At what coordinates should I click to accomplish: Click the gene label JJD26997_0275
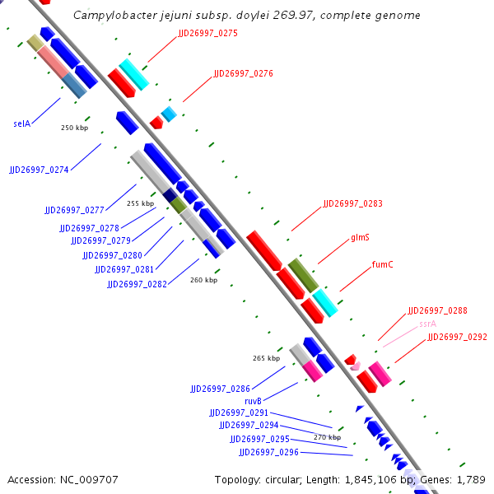[x=207, y=33]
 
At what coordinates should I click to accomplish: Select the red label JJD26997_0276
[x=243, y=73]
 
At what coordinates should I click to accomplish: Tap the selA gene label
[x=22, y=123]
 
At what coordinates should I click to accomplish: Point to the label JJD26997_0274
[x=39, y=170]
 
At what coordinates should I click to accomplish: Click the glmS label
[x=360, y=237]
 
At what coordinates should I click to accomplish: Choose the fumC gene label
[x=383, y=264]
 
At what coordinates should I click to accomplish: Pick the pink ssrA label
[x=427, y=324]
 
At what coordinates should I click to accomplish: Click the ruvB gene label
[x=253, y=401]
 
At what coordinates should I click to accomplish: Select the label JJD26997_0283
[x=352, y=203]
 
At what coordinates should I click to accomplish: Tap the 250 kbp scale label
[x=74, y=128]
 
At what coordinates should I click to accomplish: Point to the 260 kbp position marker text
[x=203, y=280]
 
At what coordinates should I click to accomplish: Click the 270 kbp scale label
[x=327, y=437]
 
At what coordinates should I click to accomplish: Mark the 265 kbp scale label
[x=266, y=358]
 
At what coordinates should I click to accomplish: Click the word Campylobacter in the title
[x=113, y=16]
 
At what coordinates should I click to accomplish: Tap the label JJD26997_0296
[x=268, y=452]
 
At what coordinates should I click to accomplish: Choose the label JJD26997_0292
[x=457, y=337]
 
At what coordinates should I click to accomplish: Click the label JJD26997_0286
[x=220, y=388]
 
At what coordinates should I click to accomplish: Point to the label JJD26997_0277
[x=74, y=210]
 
